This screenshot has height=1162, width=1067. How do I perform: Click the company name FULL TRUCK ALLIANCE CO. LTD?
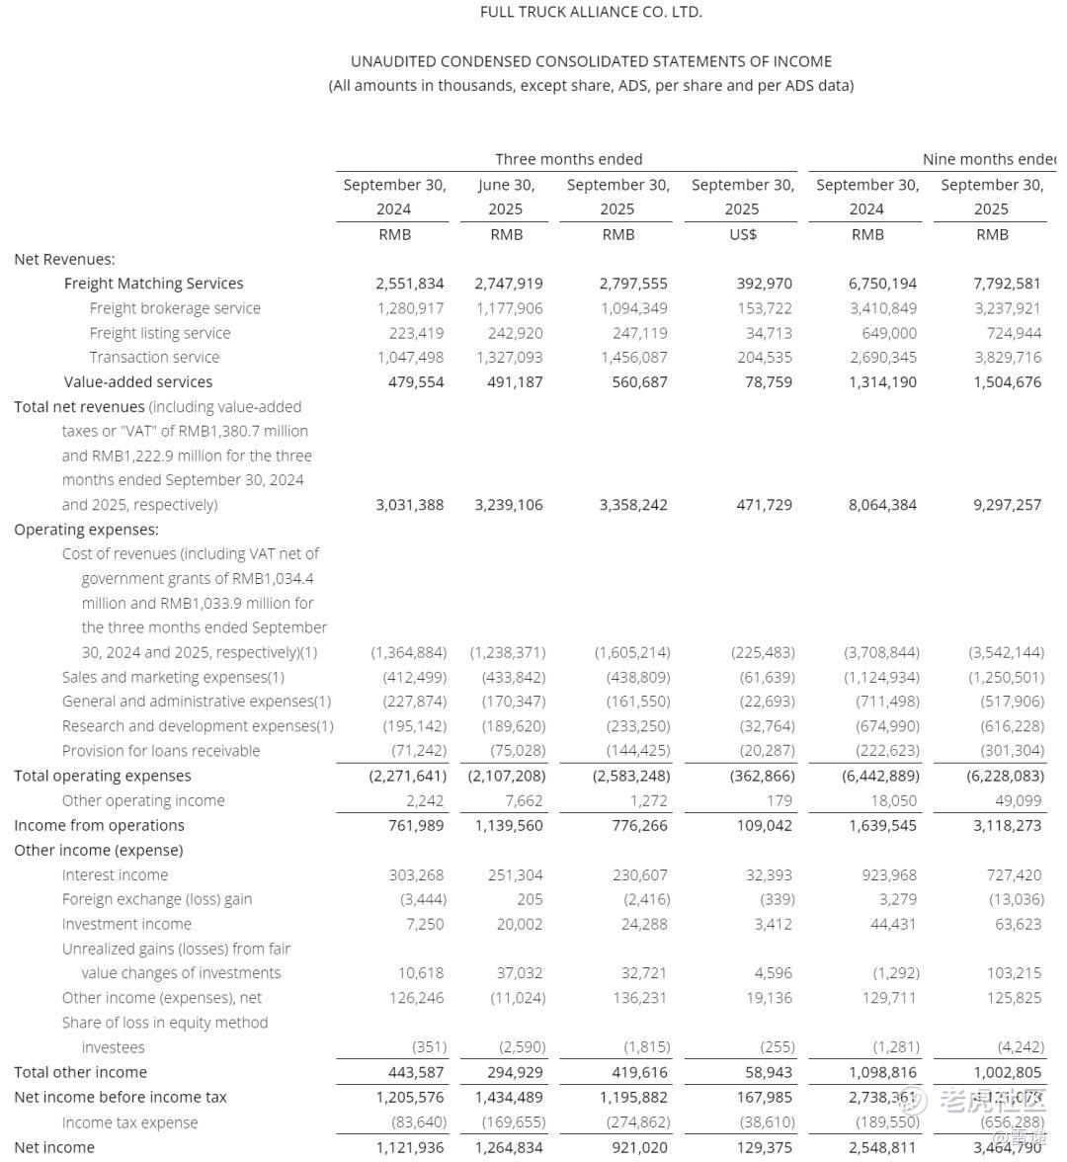[x=591, y=12]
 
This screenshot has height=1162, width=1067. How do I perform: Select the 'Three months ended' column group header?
[x=568, y=159]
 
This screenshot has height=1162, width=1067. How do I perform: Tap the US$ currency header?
[x=743, y=234]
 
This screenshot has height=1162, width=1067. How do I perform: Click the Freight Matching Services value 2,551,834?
[x=409, y=284]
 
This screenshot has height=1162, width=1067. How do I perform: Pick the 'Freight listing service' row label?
[x=159, y=333]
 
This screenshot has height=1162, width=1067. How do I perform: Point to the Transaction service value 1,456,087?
[x=632, y=358]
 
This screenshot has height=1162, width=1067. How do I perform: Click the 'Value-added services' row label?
[x=138, y=381]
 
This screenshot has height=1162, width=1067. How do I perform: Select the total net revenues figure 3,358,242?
[x=632, y=505]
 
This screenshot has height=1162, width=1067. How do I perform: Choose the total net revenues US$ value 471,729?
[x=758, y=505]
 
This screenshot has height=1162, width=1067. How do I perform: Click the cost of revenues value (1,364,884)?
[x=408, y=652]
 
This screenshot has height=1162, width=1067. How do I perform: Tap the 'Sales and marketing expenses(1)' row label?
[x=173, y=677]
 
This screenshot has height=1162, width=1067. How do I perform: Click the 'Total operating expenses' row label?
[x=103, y=776]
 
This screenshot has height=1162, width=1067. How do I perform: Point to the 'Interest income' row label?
[x=115, y=874]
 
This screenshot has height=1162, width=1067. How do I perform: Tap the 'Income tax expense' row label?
[x=129, y=1122]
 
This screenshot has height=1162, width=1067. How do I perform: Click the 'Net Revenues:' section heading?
[x=64, y=259]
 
